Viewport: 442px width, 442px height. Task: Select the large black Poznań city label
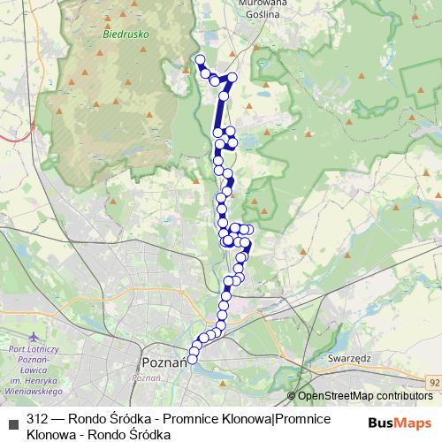162,363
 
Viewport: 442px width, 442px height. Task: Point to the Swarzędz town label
348,361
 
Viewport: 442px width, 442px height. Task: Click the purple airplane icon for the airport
34,338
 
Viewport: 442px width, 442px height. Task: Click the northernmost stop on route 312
200,60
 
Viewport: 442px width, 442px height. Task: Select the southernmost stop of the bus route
193,359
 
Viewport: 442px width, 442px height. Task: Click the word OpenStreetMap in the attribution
336,396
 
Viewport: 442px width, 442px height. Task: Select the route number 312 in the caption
37,418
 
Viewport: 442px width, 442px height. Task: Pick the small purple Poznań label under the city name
145,377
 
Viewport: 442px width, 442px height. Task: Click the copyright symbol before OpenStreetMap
292,396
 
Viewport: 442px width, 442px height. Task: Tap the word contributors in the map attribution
405,396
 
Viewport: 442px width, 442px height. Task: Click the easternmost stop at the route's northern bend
233,78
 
